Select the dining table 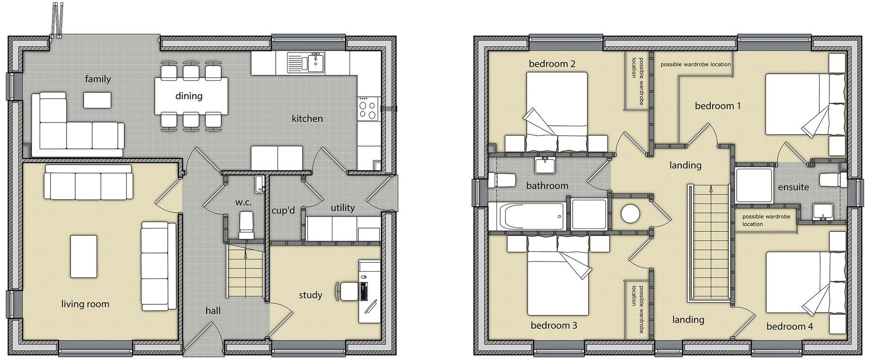point(191,96)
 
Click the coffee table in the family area point(98,99)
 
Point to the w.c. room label point(244,202)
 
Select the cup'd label point(283,211)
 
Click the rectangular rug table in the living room point(84,256)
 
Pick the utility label point(342,208)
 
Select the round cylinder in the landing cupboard point(630,213)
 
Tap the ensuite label point(793,187)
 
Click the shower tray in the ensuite point(754,185)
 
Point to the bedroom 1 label point(717,106)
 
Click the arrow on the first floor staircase point(711,189)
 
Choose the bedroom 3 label point(554,325)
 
